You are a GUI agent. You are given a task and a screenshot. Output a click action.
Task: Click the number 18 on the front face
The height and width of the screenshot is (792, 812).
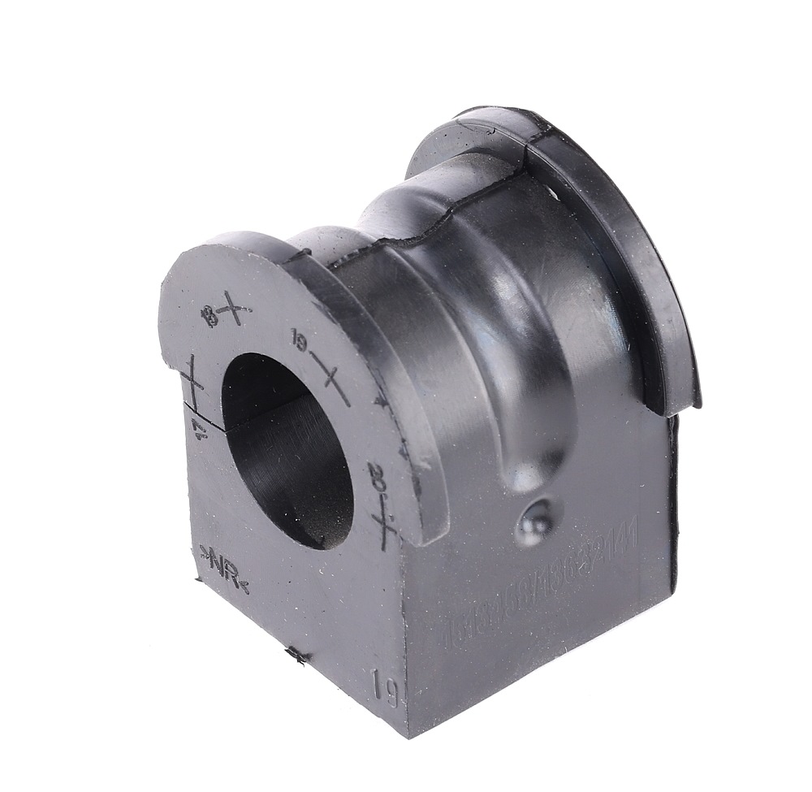(x=214, y=314)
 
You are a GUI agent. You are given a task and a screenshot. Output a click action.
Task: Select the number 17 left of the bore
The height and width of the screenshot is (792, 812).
(x=197, y=427)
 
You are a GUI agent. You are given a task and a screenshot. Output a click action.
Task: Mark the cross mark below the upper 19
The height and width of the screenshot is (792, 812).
(x=332, y=381)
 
